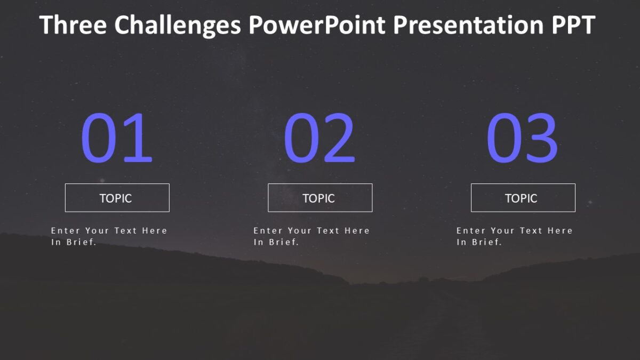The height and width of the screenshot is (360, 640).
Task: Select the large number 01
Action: pos(117,138)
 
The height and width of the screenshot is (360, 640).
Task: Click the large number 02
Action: pos(319,138)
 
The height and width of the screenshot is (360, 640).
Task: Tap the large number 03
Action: pos(522,138)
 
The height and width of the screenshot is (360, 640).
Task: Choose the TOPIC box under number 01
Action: pos(117,198)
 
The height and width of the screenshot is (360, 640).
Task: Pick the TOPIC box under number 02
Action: pos(319,198)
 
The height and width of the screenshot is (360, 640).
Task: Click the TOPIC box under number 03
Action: pos(523,198)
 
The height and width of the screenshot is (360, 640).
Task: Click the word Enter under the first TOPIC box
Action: pos(65,230)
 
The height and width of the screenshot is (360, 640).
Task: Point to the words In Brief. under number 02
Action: pos(276,242)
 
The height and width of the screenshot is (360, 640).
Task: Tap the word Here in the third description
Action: pos(560,230)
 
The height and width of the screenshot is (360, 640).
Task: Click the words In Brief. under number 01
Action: pos(74,242)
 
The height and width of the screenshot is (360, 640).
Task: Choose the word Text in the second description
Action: pos(328,230)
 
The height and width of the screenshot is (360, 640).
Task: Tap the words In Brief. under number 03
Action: pos(479,242)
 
